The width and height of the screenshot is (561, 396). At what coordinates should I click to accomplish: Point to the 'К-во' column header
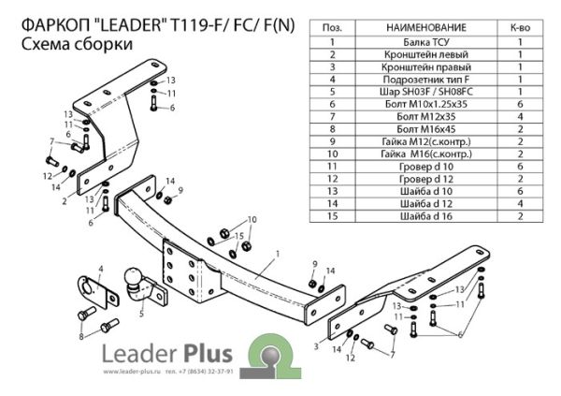519,30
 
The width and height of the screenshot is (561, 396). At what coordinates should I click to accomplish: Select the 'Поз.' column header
331,30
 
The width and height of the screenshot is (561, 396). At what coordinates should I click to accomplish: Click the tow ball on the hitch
137,278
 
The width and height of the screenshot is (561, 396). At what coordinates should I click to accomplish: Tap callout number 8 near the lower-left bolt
81,335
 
